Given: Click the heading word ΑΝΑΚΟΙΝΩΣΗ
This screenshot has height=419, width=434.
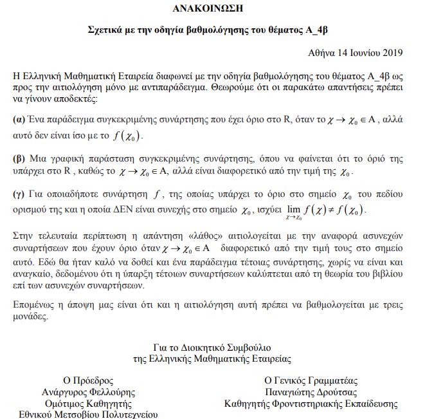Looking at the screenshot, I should coord(217,8).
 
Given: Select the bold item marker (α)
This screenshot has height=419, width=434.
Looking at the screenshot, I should coord(19,120).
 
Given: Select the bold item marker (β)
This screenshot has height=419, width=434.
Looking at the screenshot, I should coord(19,158).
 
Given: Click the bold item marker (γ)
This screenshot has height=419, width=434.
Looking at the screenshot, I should coord(19,194).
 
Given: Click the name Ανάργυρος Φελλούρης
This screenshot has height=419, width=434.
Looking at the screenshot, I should coord(88,392).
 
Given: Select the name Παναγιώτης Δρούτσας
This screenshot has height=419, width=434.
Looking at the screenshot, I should coord(311,392).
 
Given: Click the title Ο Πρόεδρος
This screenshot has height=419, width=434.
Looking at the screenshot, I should coord(88,380).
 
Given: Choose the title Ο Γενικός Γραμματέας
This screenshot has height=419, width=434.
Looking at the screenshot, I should coord(311,380).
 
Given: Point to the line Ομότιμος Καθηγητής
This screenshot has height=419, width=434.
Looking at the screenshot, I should coord(88,404).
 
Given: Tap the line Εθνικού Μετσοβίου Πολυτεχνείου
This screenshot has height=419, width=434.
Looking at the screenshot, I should coord(88,414).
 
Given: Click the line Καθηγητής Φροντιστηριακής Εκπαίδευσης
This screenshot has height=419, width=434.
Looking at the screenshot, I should coord(311,404).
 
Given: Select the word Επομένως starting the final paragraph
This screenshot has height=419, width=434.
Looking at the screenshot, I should coord(34,304).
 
